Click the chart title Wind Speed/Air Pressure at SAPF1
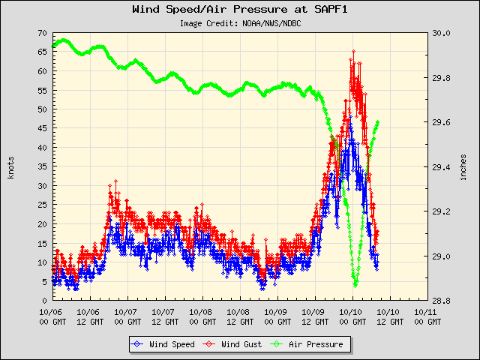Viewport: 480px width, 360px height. tap(239, 10)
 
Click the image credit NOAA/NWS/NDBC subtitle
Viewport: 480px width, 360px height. tap(240, 23)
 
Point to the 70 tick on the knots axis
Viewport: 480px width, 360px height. tap(42, 33)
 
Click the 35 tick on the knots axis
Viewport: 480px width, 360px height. tap(42, 166)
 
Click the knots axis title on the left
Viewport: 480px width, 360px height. tap(11, 166)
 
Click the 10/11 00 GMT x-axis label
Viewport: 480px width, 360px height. tap(427, 316)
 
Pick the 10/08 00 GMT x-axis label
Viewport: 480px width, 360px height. tap(201, 316)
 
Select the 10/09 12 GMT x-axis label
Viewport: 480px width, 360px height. tap(313, 316)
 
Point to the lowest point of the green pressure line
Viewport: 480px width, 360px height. tap(355, 285)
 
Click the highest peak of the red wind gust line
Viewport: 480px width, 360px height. tap(353, 52)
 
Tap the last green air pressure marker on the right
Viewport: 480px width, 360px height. tap(378, 122)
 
